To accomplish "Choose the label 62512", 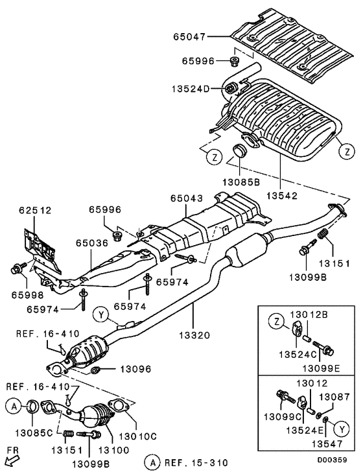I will click(35, 211).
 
